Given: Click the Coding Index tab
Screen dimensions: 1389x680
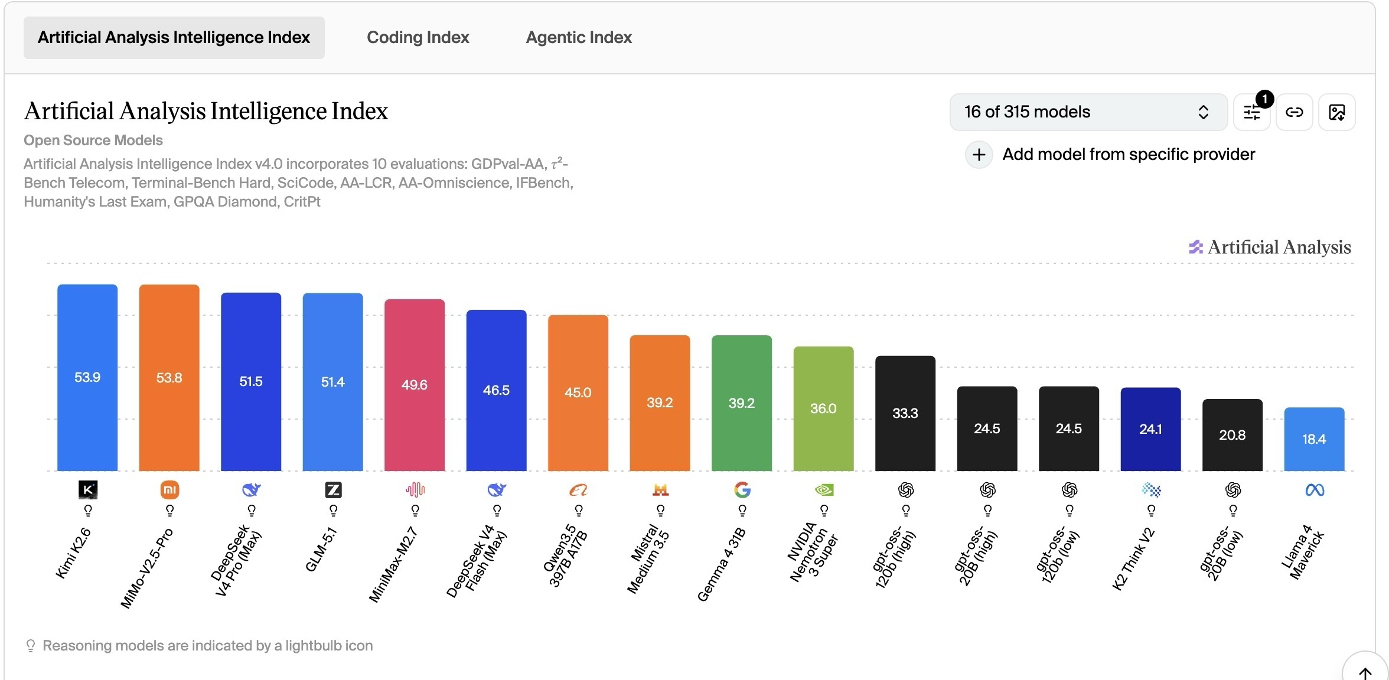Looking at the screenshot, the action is [418, 37].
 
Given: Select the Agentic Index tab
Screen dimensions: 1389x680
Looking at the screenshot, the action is [579, 37].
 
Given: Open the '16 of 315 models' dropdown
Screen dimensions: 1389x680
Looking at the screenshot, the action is [1088, 112].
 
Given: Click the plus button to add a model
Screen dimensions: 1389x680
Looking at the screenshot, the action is [979, 155].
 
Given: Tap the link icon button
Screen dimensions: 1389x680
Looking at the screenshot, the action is [1294, 112].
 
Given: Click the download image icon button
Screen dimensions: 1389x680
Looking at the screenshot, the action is [1336, 112].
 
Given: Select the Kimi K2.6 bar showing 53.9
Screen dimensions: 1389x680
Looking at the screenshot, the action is [87, 378].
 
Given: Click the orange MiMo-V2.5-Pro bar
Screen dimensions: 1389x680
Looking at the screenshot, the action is [169, 378].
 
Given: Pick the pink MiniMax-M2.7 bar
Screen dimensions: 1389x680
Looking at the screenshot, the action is [415, 385].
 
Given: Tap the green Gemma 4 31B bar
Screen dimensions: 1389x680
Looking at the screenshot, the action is [742, 403].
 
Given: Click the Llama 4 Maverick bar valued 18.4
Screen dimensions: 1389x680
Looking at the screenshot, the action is [1314, 439].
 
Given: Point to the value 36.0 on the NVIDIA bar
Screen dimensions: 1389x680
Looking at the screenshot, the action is [823, 408].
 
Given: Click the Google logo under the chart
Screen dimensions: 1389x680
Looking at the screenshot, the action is [742, 490].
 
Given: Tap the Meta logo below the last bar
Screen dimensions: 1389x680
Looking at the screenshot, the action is [1315, 490].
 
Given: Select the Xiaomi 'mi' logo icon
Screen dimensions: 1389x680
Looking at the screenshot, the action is [169, 490].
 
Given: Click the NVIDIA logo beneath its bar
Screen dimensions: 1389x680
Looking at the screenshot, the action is [824, 490].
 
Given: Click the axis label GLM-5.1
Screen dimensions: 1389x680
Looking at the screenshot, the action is [322, 550].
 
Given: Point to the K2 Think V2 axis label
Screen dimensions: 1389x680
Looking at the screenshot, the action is [1133, 560].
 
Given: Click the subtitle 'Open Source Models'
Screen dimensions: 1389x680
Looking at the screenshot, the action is [93, 140].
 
